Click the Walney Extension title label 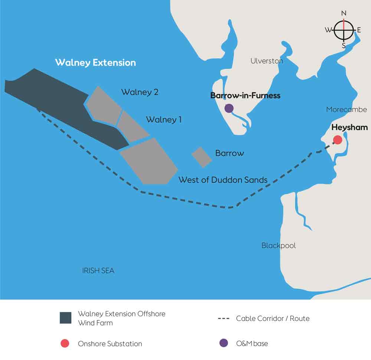click(95, 62)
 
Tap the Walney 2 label click(139, 92)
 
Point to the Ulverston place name click(267, 61)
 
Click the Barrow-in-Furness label click(245, 95)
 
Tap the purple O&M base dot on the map click(229, 108)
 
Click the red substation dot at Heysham click(338, 140)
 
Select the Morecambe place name click(347, 109)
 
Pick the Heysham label click(349, 128)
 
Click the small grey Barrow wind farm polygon click(202, 157)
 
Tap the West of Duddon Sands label click(223, 180)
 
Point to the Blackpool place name click(279, 245)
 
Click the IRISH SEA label click(98, 271)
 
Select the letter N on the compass click(344, 13)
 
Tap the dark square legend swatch click(65, 318)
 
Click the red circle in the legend click(65, 343)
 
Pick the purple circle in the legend click(223, 343)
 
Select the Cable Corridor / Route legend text click(273, 318)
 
